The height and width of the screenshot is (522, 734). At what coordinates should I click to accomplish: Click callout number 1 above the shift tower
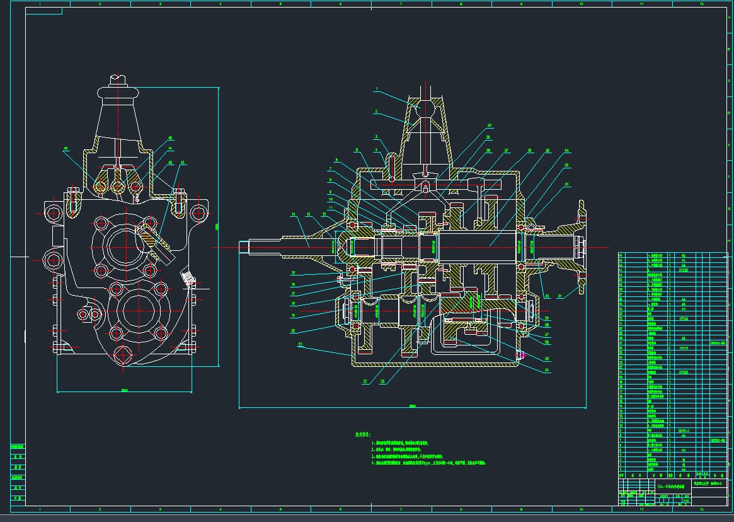[377, 90]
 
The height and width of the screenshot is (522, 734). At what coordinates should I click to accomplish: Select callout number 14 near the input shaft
[293, 215]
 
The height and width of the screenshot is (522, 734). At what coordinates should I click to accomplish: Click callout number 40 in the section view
[490, 125]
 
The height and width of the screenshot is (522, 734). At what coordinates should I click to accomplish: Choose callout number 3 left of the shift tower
[376, 136]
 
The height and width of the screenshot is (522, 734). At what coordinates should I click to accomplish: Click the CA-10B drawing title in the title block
[670, 487]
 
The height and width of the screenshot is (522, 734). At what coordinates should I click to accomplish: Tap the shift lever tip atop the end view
[119, 79]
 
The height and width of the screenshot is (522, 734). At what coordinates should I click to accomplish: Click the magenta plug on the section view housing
[520, 354]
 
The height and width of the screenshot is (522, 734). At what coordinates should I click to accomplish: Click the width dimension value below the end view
[125, 390]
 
